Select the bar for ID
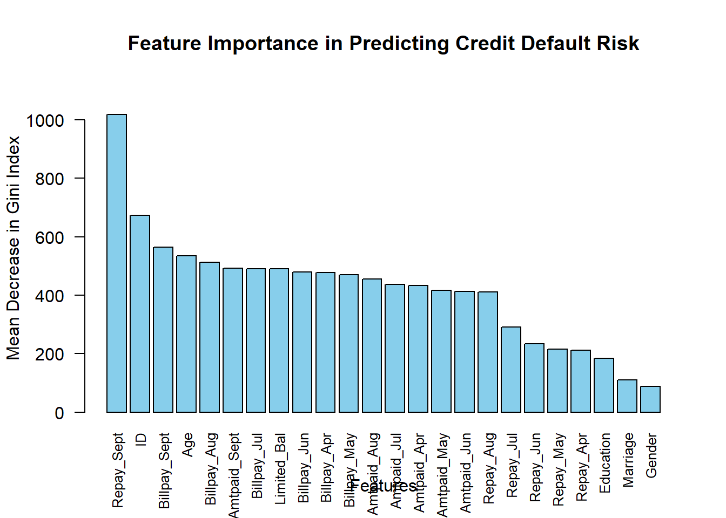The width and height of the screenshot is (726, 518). coord(140,314)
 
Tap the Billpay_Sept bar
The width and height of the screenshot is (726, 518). coord(163,330)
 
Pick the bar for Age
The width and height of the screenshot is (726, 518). coord(186,334)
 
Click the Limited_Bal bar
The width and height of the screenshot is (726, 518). coord(279,340)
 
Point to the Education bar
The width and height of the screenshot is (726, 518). coord(604,385)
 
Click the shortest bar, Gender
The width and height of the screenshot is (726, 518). coord(650,399)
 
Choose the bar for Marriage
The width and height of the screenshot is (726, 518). coord(627,396)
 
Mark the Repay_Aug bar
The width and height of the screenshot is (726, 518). coord(488,352)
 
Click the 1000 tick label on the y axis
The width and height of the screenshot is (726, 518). coord(45,121)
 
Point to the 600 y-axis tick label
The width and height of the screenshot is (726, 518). coord(50,238)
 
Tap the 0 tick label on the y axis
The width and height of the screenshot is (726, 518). coord(59,413)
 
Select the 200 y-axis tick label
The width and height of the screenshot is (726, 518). coord(50,355)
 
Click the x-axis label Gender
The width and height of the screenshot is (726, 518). coord(651,455)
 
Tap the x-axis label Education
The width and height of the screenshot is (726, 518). coord(605,462)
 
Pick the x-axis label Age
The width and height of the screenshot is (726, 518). coord(187,445)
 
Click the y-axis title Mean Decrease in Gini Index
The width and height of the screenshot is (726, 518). coord(13,248)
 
